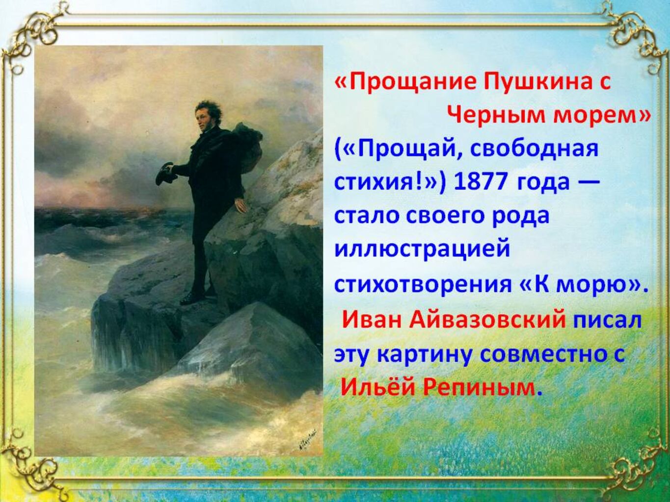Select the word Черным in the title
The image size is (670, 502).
click(x=497, y=117)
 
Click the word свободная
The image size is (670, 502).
click(x=533, y=150)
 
